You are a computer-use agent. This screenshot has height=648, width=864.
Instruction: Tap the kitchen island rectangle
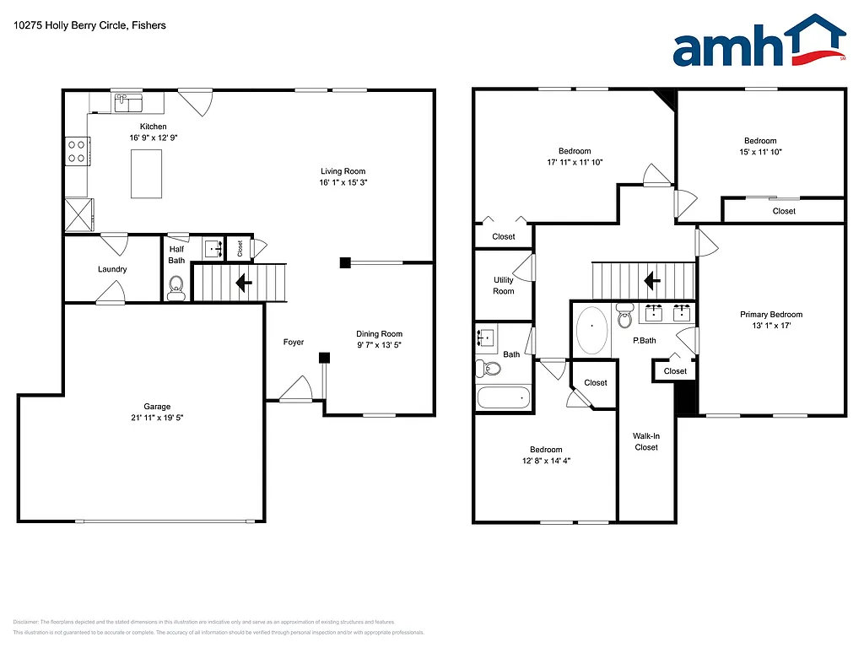tap(147, 173)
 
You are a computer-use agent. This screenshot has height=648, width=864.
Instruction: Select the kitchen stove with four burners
tap(78, 151)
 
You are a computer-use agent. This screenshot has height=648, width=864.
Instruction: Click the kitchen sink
tap(128, 103)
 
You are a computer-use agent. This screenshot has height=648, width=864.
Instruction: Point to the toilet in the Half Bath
tap(176, 290)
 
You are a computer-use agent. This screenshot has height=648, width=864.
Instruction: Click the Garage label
tap(157, 407)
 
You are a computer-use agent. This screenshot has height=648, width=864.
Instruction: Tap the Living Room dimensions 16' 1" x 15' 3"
tap(343, 183)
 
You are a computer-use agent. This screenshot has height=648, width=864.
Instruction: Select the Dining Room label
tap(379, 334)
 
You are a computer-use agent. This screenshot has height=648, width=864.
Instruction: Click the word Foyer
tap(293, 342)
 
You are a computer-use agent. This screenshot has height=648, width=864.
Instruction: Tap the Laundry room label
tap(112, 270)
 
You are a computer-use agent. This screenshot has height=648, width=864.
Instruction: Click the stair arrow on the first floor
tap(243, 283)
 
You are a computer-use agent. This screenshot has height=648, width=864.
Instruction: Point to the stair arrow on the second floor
tap(651, 279)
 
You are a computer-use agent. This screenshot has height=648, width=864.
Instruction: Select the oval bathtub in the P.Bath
tap(591, 330)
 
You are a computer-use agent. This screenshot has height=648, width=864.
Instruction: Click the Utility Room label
tap(504, 286)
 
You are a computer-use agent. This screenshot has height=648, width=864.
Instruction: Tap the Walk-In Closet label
tap(646, 441)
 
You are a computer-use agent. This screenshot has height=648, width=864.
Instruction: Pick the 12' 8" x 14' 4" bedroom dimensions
tap(545, 461)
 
